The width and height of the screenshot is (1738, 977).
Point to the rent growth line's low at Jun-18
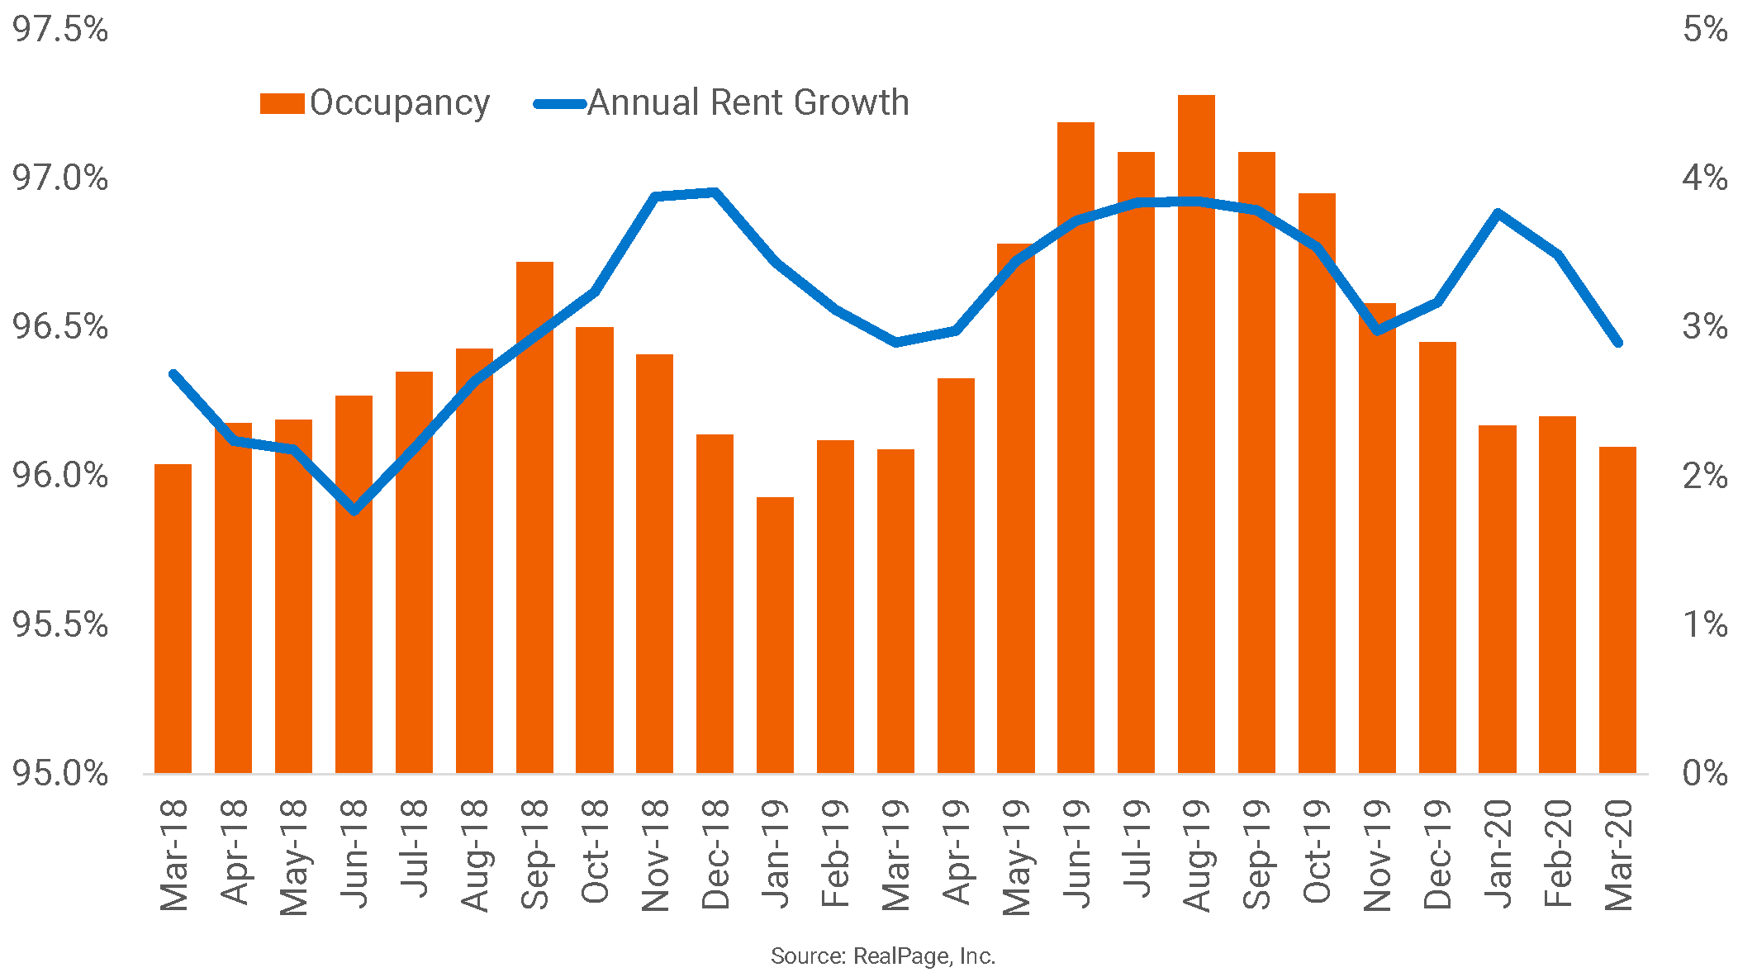354,510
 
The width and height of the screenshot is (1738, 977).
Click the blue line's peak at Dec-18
715,192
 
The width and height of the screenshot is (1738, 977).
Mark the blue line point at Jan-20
1498,213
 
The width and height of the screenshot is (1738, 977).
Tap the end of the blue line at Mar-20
1617,342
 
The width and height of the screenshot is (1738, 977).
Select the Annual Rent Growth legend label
748,103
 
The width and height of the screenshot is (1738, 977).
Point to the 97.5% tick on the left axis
60,30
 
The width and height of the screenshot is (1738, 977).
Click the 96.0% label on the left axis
60,476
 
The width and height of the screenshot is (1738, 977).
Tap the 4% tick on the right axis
1704,178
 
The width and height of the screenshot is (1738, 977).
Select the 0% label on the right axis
1704,774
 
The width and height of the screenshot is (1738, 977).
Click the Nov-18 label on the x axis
655,855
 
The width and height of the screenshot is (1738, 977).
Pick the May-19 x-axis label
1017,856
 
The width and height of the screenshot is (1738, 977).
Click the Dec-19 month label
1437,855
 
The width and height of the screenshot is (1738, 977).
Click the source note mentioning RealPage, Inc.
882,956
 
